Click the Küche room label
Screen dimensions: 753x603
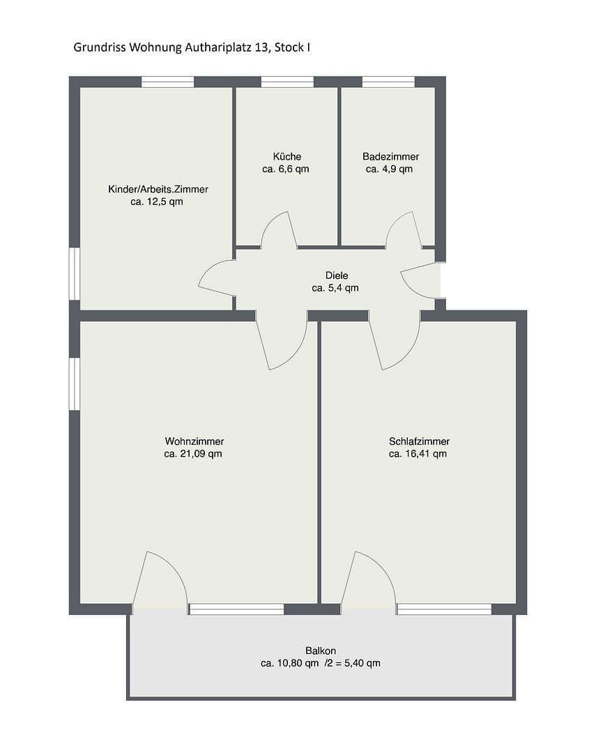pyautogui.click(x=287, y=156)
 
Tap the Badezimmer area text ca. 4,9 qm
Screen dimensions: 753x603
pyautogui.click(x=390, y=169)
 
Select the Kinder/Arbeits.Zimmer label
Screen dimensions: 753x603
pyautogui.click(x=158, y=189)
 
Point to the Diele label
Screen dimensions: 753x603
pyautogui.click(x=336, y=275)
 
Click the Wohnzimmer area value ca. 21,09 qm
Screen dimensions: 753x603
pyautogui.click(x=193, y=453)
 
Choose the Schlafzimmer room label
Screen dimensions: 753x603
pyautogui.click(x=419, y=441)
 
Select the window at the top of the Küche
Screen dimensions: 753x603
pyautogui.click(x=287, y=82)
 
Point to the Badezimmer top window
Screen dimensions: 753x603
pyautogui.click(x=388, y=82)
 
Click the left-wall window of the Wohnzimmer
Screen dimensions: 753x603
pyautogui.click(x=75, y=383)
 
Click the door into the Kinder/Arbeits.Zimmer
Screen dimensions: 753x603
pyautogui.click(x=217, y=277)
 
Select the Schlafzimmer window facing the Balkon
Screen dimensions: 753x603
pyautogui.click(x=443, y=609)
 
